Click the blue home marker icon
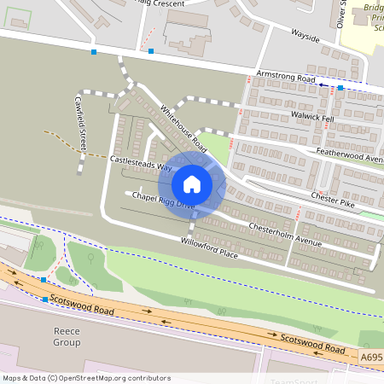pyautogui.click(x=192, y=184)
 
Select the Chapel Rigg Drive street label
pyautogui.click(x=161, y=200)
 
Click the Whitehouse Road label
pyautogui.click(x=183, y=129)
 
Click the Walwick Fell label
pyautogui.click(x=312, y=115)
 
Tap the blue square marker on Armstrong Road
pyautogui.click(x=340, y=88)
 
